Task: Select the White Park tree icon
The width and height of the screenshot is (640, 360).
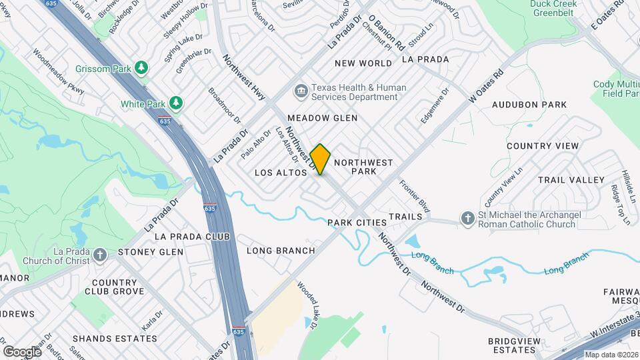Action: click(x=175, y=103)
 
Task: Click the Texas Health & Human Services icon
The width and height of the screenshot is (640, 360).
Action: click(x=301, y=91)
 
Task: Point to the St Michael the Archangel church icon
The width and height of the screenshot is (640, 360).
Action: click(x=468, y=219)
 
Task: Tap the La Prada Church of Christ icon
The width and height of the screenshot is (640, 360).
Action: click(x=99, y=255)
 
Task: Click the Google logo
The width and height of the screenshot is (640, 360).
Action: click(x=22, y=351)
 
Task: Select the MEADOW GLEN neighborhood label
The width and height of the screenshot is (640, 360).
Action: click(x=323, y=118)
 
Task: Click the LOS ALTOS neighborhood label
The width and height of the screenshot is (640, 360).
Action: click(x=281, y=173)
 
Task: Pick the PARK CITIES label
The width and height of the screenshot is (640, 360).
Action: click(x=357, y=222)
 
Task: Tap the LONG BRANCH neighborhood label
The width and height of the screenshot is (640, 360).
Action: click(x=281, y=251)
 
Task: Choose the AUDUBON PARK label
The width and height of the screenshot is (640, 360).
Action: click(x=529, y=105)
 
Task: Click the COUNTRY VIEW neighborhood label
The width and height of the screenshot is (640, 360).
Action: click(x=543, y=146)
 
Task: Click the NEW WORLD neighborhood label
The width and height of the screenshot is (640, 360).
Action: click(x=363, y=63)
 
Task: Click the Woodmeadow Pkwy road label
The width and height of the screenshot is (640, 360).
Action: click(x=59, y=72)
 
